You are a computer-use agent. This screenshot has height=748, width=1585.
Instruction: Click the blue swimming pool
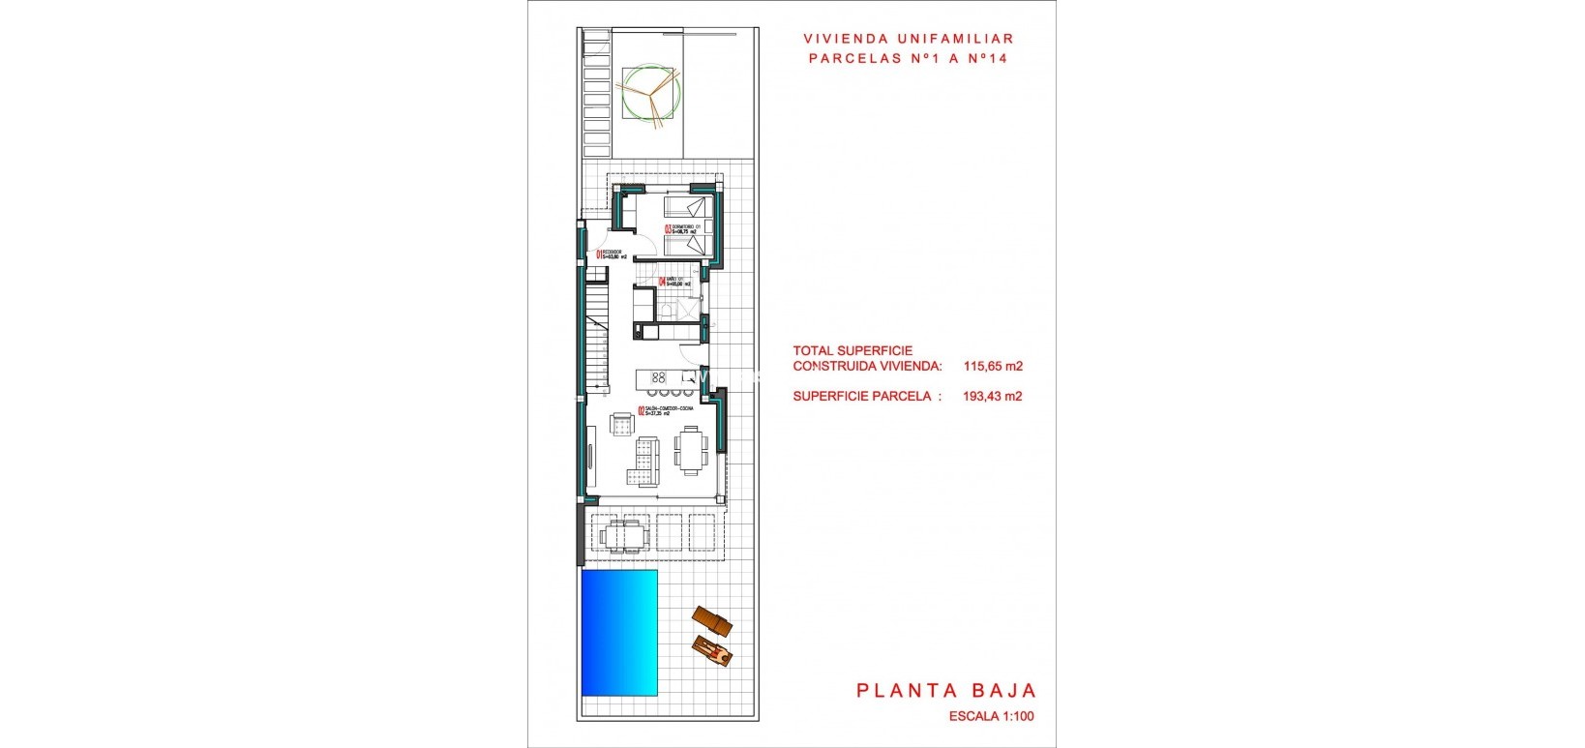[x=619, y=632]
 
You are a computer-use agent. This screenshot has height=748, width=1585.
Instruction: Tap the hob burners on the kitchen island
[x=660, y=376]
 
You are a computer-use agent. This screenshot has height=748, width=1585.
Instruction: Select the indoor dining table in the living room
[x=691, y=452]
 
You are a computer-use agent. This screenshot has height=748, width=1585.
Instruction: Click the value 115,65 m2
[x=993, y=367]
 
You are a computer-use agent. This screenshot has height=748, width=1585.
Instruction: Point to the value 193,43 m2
[x=993, y=396]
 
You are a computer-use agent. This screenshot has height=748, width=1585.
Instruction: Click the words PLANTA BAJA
[x=946, y=690]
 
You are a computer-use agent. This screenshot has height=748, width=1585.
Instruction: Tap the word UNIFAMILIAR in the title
[x=956, y=39]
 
